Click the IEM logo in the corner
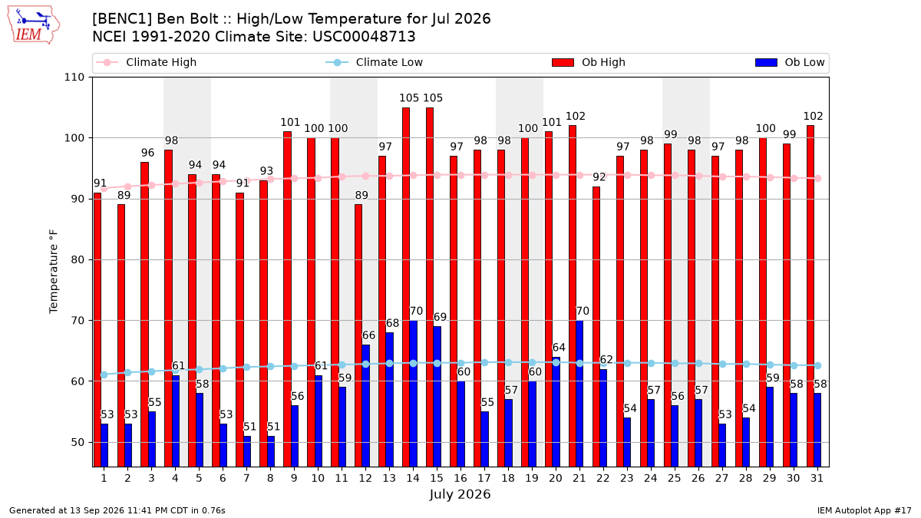click(33, 25)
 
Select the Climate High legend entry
click(146, 62)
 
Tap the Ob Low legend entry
click(790, 62)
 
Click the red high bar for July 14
click(406, 287)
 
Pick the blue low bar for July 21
click(579, 394)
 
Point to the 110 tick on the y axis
click(74, 78)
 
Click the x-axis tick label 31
click(817, 478)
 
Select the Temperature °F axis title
click(54, 272)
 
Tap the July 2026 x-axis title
click(460, 494)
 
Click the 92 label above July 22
click(599, 177)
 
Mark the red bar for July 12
click(358, 335)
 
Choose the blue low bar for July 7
click(247, 451)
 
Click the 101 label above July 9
click(290, 123)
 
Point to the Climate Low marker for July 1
click(104, 375)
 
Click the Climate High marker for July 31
click(818, 178)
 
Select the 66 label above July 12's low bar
click(368, 335)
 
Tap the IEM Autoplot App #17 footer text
click(864, 510)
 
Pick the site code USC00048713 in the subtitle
click(364, 37)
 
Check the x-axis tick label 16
click(460, 478)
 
